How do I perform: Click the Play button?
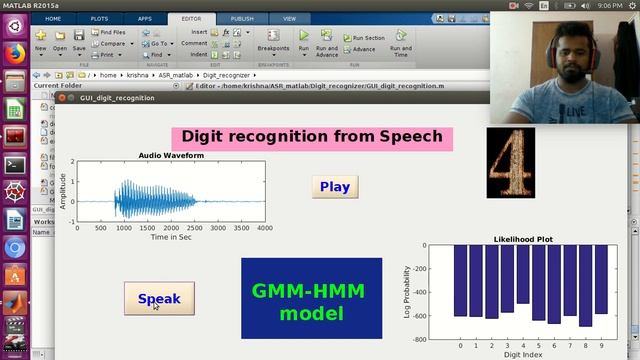[x=334, y=187]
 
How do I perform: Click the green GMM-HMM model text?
[x=310, y=302]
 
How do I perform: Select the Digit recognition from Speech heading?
[x=312, y=137]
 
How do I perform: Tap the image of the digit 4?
[x=511, y=162]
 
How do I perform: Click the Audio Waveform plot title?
[x=172, y=156]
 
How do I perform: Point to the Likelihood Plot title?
[x=523, y=239]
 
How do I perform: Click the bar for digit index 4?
[x=523, y=273]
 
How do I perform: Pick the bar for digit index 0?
[x=460, y=280]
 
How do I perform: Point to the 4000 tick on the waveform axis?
[x=264, y=228]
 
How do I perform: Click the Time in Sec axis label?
[x=172, y=238]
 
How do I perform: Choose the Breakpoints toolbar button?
[x=273, y=42]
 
